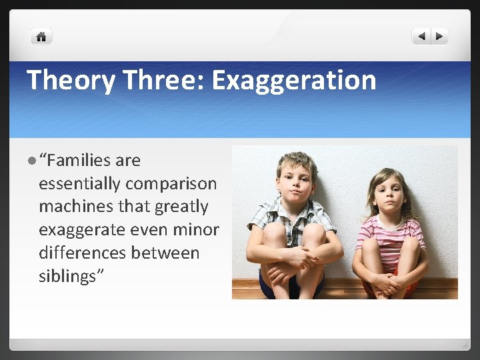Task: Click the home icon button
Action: (x=41, y=37)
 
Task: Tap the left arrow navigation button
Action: (x=421, y=37)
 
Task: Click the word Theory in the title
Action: (x=69, y=81)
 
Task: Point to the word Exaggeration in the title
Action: (x=294, y=81)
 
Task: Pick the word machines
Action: (x=72, y=207)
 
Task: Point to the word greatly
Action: (x=181, y=207)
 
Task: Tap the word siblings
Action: (x=67, y=277)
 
